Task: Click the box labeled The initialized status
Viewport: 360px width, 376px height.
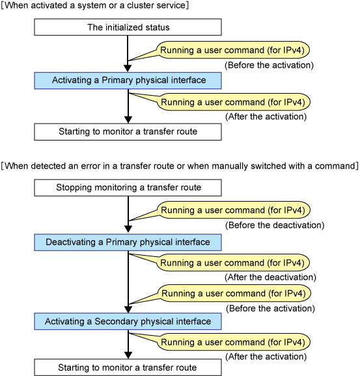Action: (x=128, y=27)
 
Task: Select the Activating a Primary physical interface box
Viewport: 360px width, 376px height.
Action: (x=128, y=81)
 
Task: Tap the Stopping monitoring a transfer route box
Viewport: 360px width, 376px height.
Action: (x=128, y=188)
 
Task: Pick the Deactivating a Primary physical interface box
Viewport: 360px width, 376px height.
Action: (x=128, y=243)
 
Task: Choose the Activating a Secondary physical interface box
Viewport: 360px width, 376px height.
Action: (x=128, y=321)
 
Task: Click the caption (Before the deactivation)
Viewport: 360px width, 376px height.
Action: (x=275, y=225)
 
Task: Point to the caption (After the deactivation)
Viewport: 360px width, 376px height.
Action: (x=270, y=277)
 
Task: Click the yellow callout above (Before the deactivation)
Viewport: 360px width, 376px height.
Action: (x=233, y=210)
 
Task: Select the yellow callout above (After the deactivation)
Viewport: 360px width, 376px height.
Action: (x=233, y=263)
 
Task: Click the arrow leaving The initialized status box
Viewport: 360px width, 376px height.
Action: (x=128, y=54)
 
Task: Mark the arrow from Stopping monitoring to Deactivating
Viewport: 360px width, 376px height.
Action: (x=128, y=215)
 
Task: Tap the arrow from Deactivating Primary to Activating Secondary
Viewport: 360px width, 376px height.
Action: (x=128, y=282)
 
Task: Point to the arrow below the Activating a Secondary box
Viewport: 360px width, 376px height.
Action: (x=128, y=344)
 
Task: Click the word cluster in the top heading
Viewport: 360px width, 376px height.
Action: (x=139, y=5)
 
